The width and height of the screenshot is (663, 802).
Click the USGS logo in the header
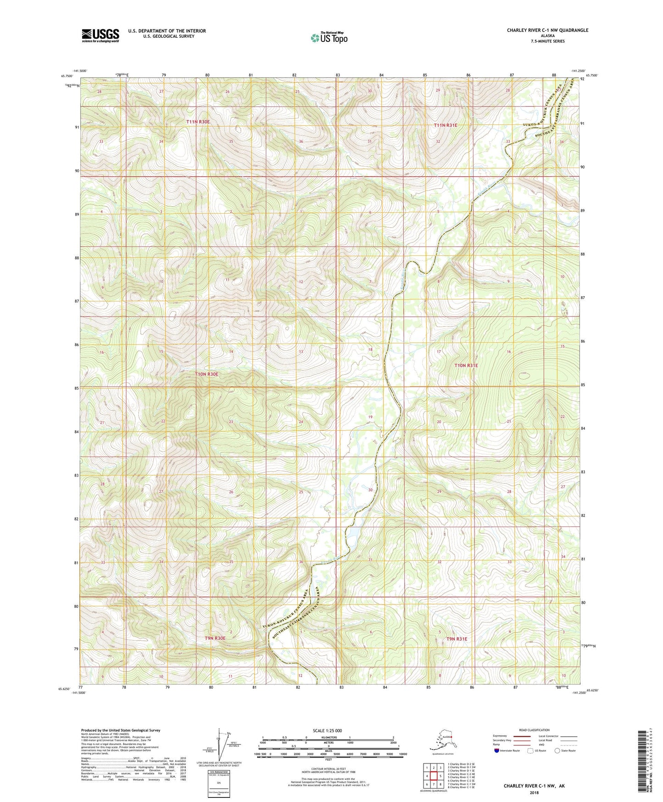click(100, 35)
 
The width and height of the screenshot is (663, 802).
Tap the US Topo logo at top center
click(329, 38)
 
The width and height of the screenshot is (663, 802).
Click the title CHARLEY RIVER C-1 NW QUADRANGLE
click(547, 30)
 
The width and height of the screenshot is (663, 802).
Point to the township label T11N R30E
click(198, 122)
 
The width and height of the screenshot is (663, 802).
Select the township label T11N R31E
click(446, 125)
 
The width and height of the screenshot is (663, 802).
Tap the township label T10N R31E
click(466, 366)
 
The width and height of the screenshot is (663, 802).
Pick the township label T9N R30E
click(215, 638)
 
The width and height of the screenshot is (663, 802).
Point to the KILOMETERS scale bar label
click(328, 738)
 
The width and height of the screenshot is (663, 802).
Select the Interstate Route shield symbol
click(497, 751)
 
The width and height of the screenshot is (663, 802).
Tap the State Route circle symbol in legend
click(557, 751)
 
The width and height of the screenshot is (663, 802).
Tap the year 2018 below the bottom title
click(534, 792)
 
